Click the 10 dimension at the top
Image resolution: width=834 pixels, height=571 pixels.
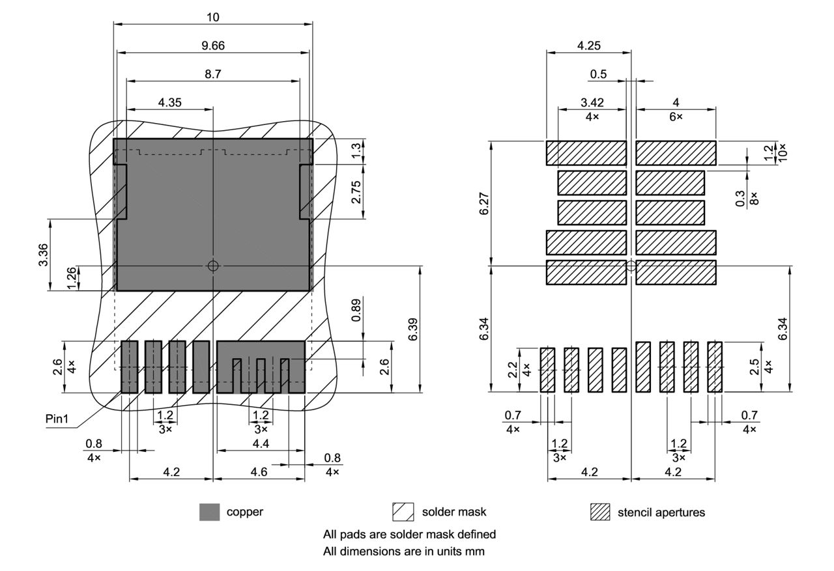point(213,17)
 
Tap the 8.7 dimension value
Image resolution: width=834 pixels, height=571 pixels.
point(213,74)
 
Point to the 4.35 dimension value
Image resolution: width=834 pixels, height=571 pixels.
point(169,102)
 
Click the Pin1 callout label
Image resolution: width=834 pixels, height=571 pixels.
point(57,419)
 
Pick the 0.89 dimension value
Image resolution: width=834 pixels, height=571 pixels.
point(356,311)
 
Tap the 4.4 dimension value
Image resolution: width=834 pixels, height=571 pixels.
point(261,443)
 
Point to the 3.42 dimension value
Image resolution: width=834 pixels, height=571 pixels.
point(592,102)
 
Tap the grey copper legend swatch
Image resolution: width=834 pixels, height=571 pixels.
point(209,512)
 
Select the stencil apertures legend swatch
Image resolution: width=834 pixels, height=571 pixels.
point(600,512)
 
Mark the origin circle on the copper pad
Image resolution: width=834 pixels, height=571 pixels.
point(213,266)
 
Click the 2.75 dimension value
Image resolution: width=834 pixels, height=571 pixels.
point(356,192)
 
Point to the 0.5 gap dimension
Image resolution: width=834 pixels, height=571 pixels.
point(598,74)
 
